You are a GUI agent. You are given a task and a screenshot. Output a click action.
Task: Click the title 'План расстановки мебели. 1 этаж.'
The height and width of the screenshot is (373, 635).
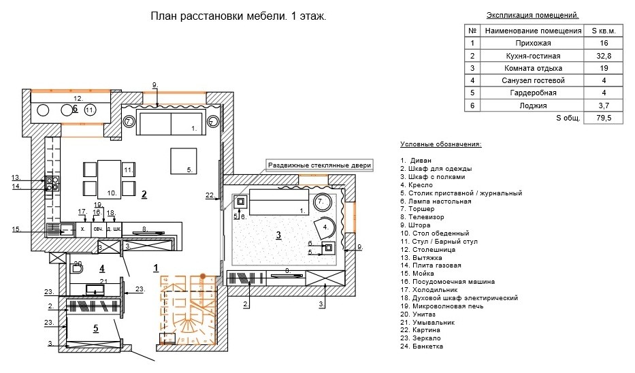coord(238,16)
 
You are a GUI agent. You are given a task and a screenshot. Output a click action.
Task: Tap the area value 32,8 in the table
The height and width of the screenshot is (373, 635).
coord(593,55)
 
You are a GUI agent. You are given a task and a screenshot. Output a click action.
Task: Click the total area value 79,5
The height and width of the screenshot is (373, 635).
coord(593,118)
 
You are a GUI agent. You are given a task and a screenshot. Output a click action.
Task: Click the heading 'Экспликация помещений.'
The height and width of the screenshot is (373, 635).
coord(533,14)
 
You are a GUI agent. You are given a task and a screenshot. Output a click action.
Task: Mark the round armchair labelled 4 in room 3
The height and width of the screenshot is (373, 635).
coord(323,226)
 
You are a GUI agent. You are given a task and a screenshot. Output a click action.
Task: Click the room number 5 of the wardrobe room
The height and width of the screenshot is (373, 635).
coord(96,328)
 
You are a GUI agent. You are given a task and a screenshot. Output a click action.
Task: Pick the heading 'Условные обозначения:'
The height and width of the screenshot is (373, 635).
coord(440,144)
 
